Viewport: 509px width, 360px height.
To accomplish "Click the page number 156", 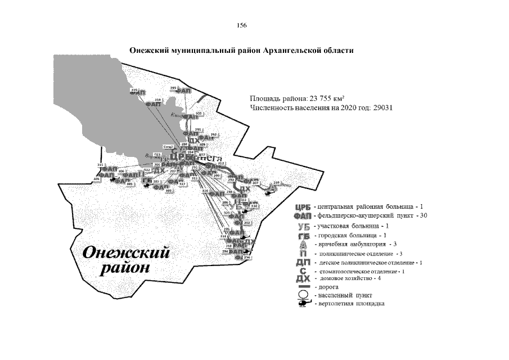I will [242, 26].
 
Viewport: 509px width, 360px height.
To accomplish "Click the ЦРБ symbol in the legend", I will [303, 208].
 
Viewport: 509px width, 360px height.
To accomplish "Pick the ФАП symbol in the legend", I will [303, 216].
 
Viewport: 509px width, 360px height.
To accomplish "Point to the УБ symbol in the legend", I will [303, 226].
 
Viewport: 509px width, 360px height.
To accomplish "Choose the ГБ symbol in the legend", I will [303, 235].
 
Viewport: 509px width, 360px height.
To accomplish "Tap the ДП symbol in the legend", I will [303, 263].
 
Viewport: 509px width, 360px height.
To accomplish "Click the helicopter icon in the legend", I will [303, 304].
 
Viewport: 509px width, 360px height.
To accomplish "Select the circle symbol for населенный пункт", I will [303, 295].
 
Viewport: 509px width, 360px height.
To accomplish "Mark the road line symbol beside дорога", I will [303, 287].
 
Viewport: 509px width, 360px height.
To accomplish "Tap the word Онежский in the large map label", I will [125, 253].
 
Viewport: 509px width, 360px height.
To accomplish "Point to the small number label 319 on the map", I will [134, 90].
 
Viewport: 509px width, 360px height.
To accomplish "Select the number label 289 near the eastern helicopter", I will [276, 183].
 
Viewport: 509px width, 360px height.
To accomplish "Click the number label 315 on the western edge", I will [101, 164].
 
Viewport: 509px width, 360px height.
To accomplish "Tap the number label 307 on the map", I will [255, 183].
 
